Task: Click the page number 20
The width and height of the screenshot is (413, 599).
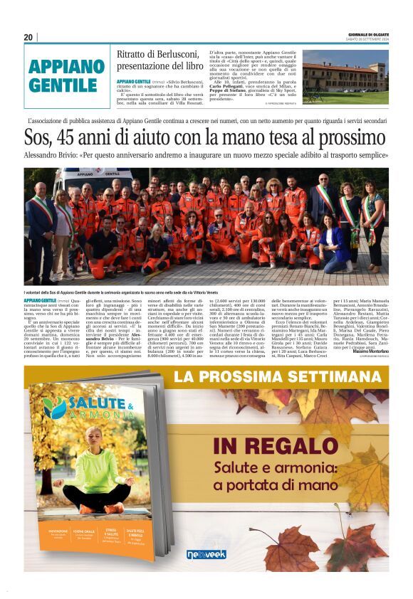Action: click(x=28, y=37)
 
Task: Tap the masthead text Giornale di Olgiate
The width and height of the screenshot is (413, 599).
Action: click(x=368, y=34)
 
